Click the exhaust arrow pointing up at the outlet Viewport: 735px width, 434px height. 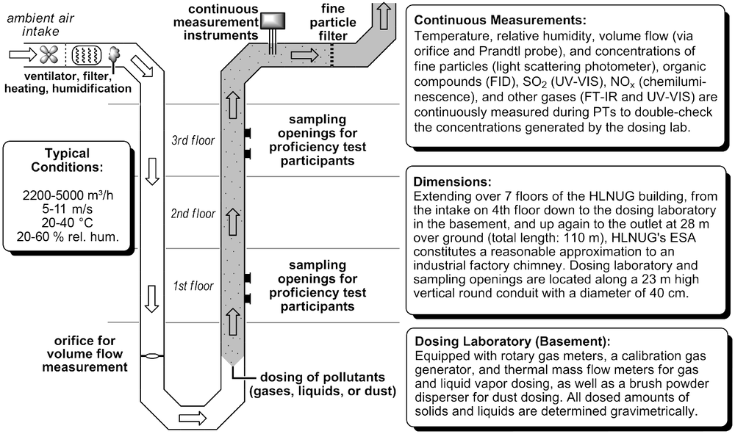coord(384,15)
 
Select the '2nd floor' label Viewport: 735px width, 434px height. coord(193,214)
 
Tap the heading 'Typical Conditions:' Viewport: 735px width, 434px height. coord(67,160)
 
